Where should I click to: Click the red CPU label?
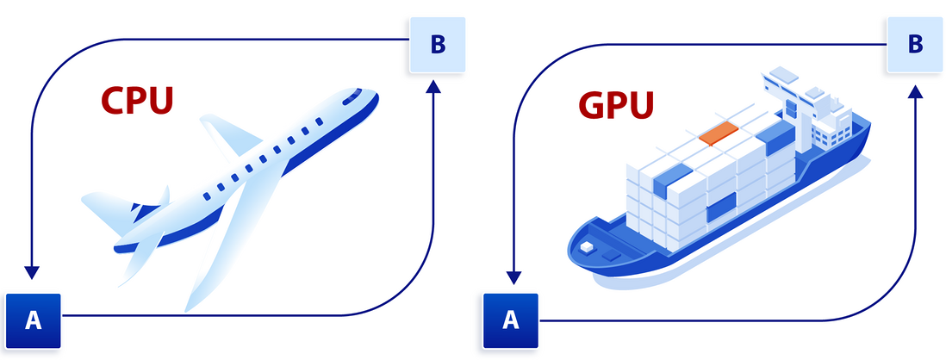click(138, 100)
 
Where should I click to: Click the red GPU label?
click(615, 106)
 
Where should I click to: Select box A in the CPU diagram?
click(34, 320)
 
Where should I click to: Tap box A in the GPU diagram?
click(510, 320)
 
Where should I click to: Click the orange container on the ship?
click(719, 133)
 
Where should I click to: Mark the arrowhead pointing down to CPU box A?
click(32, 273)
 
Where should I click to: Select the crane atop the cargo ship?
click(788, 95)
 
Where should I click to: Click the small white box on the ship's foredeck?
click(588, 247)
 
